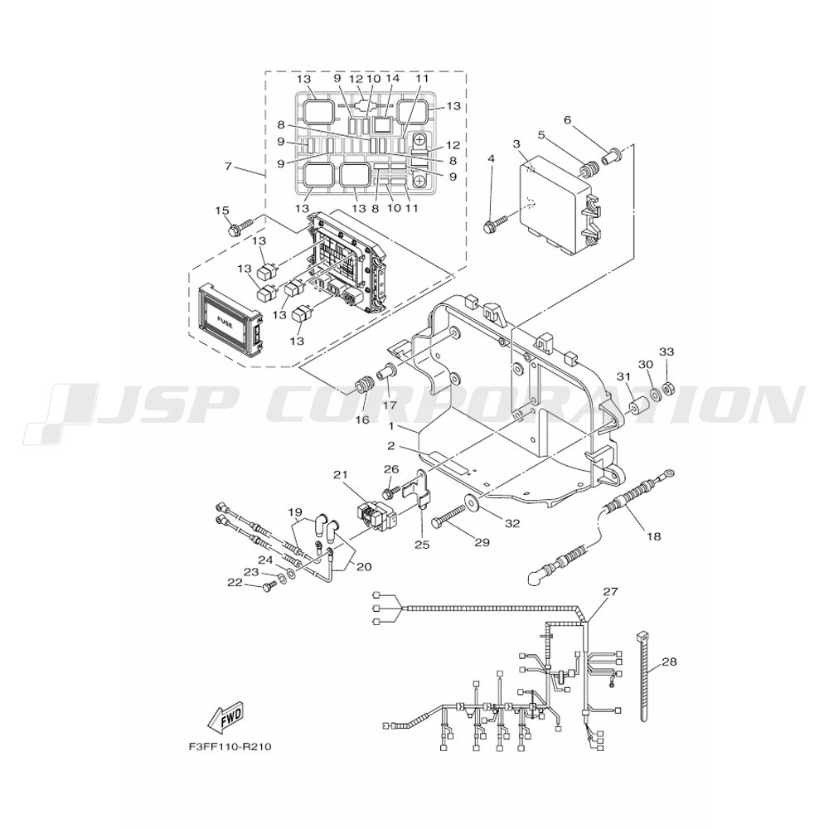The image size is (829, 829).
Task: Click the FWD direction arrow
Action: click(226, 718)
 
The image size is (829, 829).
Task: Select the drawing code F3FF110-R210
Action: click(230, 747)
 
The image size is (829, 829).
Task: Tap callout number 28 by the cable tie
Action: click(669, 662)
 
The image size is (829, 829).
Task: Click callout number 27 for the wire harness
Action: click(610, 591)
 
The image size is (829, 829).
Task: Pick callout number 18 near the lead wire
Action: click(653, 536)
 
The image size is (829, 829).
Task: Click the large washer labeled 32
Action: click(469, 500)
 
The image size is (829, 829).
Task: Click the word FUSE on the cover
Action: click(223, 320)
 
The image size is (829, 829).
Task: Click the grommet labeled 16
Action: click(362, 386)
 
